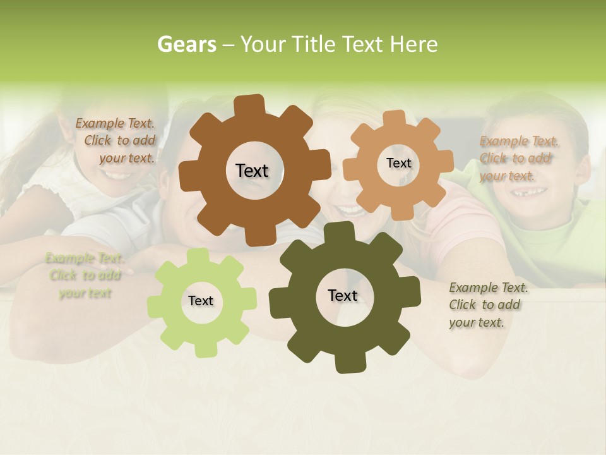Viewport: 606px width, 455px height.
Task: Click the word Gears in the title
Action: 186,45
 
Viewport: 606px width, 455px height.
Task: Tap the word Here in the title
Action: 413,45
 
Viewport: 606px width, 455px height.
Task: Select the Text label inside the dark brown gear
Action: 252,171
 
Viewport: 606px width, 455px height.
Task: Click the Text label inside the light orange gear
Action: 398,163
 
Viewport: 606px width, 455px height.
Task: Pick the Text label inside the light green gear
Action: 201,301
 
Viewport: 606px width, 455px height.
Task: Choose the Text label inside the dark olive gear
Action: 343,296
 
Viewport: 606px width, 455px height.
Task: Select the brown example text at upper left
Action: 116,141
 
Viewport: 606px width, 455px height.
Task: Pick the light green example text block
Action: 85,276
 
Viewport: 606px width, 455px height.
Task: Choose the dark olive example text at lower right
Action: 487,305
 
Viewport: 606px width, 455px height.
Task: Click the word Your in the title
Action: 264,45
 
